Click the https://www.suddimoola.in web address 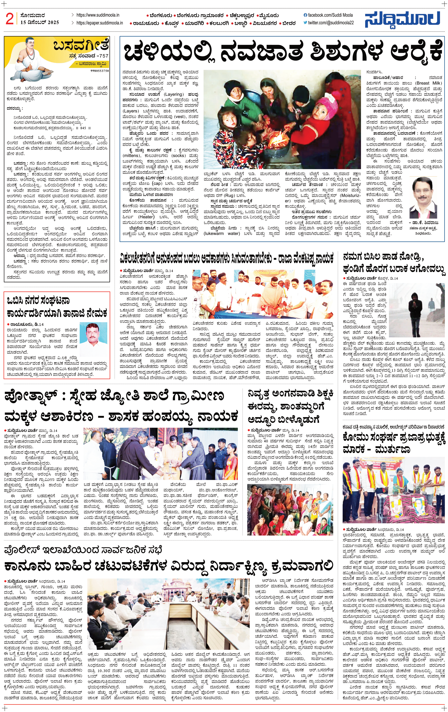(98, 15)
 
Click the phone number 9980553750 (100, 71)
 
